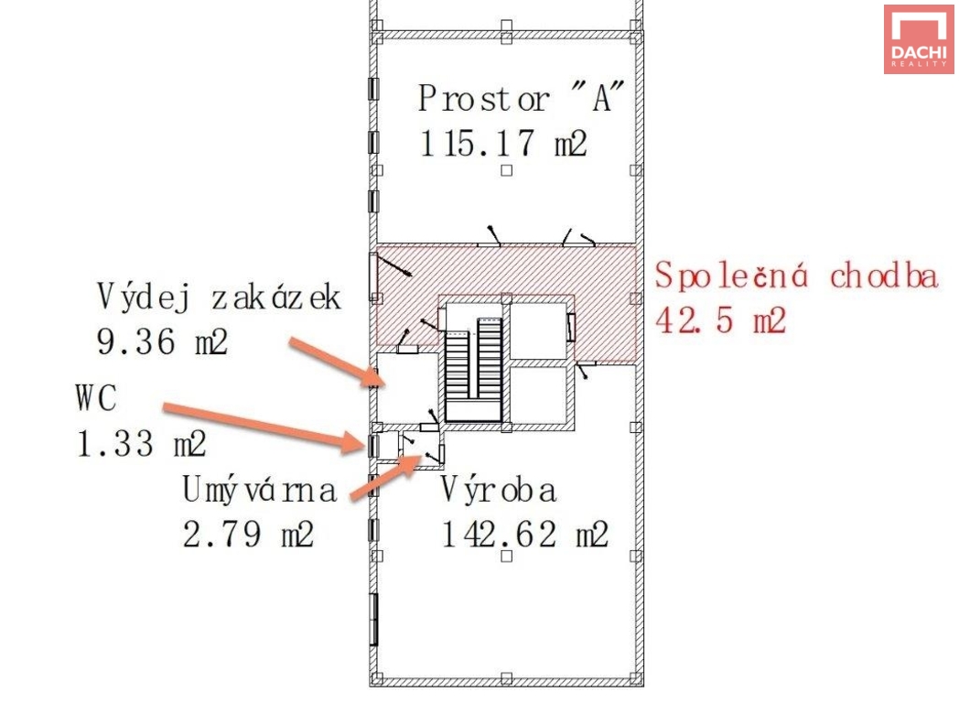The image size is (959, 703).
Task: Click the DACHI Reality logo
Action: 919,39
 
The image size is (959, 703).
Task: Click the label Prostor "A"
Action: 521,97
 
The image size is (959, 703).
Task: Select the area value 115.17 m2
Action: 502,143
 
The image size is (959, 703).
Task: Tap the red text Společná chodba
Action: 796,276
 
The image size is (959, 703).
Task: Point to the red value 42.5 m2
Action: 720,320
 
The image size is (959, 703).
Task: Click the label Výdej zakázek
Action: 219,297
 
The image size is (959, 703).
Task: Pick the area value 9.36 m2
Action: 162,341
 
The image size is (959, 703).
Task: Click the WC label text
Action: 95,397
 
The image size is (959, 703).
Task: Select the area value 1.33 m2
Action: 141,444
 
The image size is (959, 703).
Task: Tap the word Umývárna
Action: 259,491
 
